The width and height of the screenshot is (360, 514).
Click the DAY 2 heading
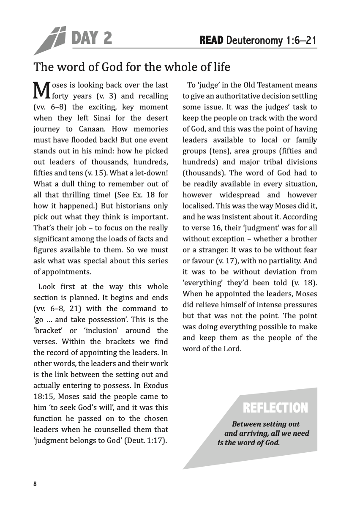(92, 39)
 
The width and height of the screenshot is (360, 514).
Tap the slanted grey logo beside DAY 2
(50, 41)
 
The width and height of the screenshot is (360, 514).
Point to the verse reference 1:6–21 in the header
(301, 41)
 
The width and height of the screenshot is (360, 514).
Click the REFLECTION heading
(275, 408)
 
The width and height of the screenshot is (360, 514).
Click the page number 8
(35, 484)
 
